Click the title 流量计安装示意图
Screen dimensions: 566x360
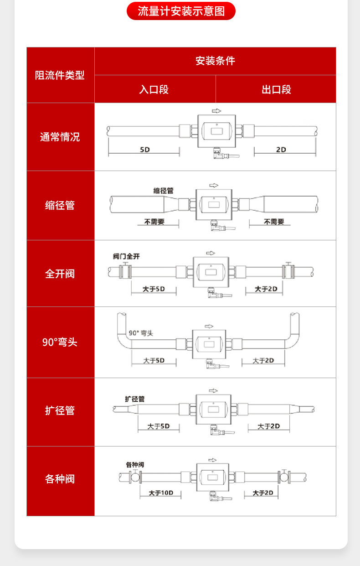tap(181, 11)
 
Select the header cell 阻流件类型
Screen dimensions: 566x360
tap(60, 75)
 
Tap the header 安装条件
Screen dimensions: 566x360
tap(215, 61)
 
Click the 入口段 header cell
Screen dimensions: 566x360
tap(154, 89)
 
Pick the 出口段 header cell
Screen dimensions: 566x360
tap(276, 89)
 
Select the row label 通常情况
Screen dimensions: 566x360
tap(60, 137)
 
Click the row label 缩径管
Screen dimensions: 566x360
tap(60, 205)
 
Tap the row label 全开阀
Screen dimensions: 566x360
tap(60, 274)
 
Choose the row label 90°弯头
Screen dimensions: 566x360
tap(60, 342)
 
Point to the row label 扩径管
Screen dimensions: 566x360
tap(60, 410)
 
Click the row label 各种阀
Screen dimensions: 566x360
tap(60, 479)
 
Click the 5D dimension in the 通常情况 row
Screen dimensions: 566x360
tap(144, 150)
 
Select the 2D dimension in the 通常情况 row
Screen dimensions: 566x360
tap(281, 150)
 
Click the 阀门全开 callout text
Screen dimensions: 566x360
tap(126, 257)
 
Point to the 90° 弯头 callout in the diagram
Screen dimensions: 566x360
tap(141, 333)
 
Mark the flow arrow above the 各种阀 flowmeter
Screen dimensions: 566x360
tap(212, 459)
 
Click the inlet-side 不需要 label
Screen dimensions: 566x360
tap(154, 222)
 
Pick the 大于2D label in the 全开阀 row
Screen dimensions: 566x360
tap(266, 289)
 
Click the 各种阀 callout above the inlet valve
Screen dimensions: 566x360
tap(135, 465)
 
